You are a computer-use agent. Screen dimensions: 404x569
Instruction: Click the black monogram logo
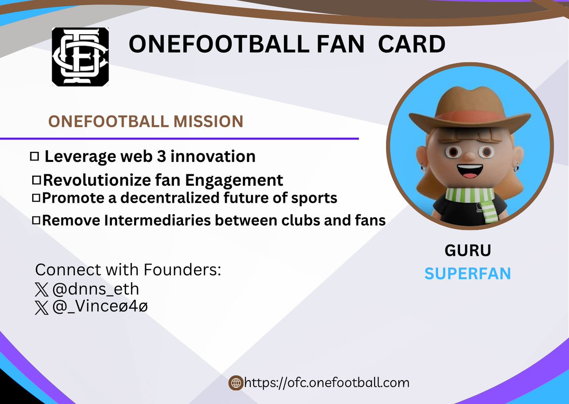[x=80, y=57]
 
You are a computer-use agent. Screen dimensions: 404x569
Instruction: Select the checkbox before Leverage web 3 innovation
[x=34, y=156]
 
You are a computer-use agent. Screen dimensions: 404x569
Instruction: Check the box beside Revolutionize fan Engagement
[x=36, y=180]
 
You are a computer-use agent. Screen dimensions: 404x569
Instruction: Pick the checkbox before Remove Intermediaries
[x=36, y=220]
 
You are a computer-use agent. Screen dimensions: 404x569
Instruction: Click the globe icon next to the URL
[x=236, y=383]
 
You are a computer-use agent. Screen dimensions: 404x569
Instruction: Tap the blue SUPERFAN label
[x=468, y=273]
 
